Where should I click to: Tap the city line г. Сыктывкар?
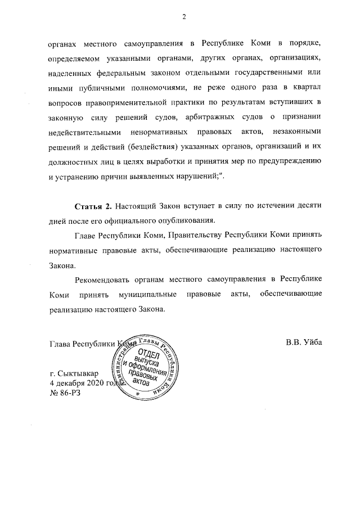click(x=74, y=373)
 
